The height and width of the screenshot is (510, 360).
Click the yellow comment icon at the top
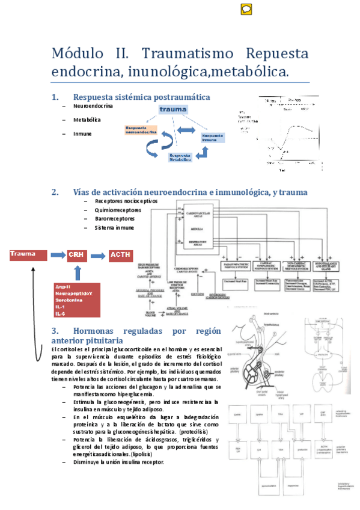(x=246, y=9)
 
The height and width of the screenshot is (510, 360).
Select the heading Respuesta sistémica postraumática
(x=141, y=97)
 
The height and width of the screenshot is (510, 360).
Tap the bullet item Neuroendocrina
(x=93, y=106)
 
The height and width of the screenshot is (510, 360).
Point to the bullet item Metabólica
(x=87, y=120)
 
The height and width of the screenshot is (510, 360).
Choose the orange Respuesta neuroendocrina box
(x=141, y=131)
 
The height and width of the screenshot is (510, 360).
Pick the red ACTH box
(x=122, y=256)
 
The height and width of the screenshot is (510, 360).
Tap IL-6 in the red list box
(x=60, y=313)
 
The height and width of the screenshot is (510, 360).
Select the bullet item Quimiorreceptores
(x=118, y=210)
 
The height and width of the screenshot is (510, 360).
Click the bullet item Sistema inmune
(x=114, y=228)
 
